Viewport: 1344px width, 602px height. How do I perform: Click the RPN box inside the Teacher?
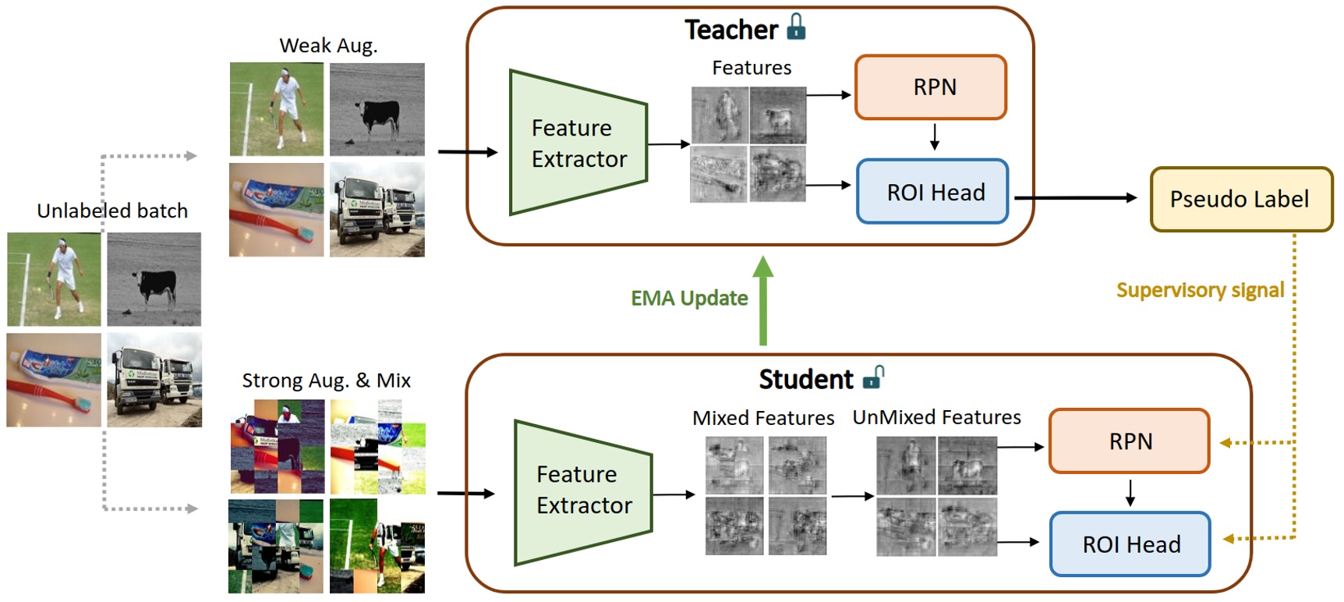pos(931,87)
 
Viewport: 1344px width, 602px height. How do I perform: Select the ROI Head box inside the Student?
pos(1130,544)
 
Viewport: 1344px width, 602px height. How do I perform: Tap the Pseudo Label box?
pos(1241,200)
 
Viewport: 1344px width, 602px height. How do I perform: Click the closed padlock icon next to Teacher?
pos(796,27)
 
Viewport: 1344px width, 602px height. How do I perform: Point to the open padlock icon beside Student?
pos(874,377)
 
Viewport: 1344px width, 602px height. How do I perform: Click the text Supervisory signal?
pos(1199,291)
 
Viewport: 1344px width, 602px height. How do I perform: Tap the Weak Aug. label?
pos(328,46)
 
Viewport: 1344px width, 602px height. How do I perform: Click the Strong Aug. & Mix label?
pos(326,381)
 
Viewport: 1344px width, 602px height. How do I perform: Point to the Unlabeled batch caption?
pos(112,211)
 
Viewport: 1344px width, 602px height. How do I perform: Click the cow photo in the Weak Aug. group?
pos(377,110)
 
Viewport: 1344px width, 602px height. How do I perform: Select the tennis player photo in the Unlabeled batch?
pos(55,279)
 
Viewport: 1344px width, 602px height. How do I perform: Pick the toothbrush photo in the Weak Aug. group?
pos(276,210)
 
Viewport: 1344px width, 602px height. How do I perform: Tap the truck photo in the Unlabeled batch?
pos(154,380)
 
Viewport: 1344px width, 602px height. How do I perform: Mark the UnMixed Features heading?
pos(936,418)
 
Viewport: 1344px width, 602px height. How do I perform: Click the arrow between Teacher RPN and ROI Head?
pos(935,136)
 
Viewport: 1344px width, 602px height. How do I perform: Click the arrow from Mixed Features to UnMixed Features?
pos(852,496)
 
